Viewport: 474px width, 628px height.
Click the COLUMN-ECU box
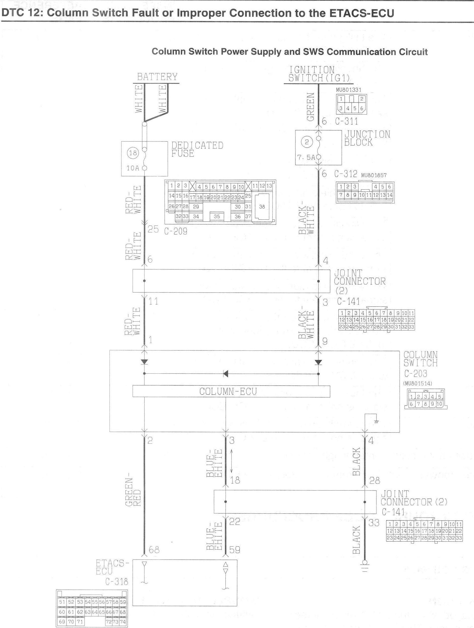(231, 391)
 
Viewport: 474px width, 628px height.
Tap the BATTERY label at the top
(157, 77)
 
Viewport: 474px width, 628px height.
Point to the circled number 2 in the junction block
(307, 142)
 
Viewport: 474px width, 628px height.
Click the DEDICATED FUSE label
(197, 149)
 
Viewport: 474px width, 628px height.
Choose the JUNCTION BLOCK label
(367, 138)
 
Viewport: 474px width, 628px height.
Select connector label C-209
(176, 231)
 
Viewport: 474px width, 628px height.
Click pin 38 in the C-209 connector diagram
(262, 207)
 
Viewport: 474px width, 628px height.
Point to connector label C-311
(346, 121)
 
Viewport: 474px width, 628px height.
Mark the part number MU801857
(374, 175)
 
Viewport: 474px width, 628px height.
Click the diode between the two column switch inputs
(226, 374)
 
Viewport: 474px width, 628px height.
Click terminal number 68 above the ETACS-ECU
(154, 550)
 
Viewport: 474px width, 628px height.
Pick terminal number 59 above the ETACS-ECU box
(235, 550)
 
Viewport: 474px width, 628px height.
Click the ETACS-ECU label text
(112, 567)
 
